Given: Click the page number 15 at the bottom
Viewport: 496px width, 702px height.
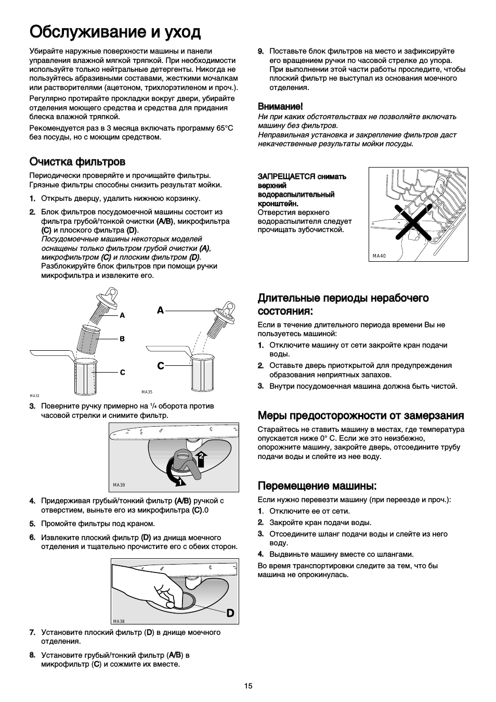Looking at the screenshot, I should point(248,686).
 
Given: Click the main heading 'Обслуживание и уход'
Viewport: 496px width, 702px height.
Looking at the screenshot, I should point(115,32).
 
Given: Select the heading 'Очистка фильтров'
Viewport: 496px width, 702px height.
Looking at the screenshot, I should point(77,161).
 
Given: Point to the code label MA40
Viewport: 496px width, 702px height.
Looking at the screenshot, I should point(380,256).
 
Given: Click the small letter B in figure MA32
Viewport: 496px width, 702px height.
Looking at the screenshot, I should point(122,339).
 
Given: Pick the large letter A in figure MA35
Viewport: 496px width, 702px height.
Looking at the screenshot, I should point(160,310).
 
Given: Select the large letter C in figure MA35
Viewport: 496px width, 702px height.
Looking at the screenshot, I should point(161,366).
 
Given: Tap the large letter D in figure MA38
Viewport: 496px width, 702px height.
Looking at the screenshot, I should point(230,614).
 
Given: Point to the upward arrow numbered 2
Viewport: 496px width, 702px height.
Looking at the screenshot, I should point(201,457).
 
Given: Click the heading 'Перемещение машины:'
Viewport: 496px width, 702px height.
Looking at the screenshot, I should point(317,486).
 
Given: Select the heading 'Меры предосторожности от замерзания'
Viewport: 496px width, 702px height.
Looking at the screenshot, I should point(361,415).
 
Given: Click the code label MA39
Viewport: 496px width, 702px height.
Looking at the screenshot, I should point(119,485).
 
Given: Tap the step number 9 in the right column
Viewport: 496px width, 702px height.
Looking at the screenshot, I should point(261,51).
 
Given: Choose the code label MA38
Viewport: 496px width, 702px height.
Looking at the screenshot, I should point(119,621).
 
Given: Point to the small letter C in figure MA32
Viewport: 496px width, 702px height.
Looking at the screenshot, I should point(122,373).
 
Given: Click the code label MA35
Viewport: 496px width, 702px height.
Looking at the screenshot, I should point(147,392).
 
